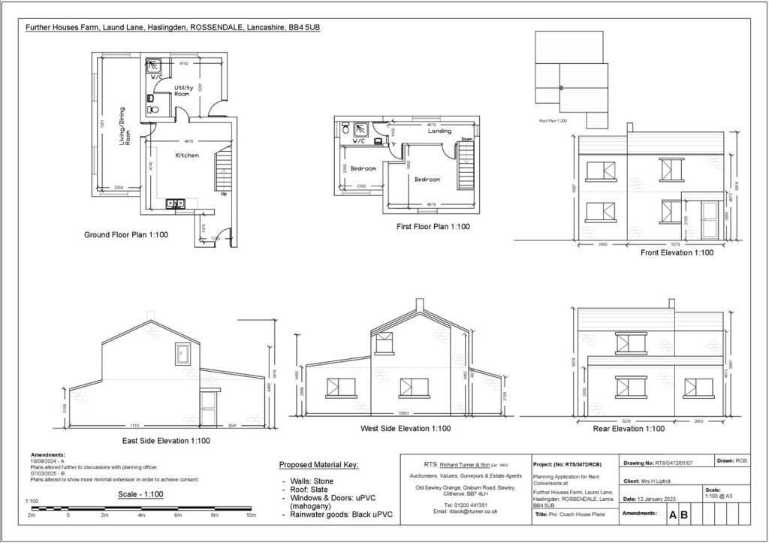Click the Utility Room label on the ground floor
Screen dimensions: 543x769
pyautogui.click(x=184, y=90)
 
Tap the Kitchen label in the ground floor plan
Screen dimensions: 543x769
pyautogui.click(x=187, y=155)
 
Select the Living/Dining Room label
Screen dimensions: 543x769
pyautogui.click(x=123, y=125)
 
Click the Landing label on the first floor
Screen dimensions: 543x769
pyautogui.click(x=439, y=131)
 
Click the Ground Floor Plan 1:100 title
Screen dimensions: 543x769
pyautogui.click(x=126, y=235)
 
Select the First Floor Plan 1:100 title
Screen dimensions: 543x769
pyautogui.click(x=433, y=226)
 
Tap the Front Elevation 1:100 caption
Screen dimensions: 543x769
pyautogui.click(x=677, y=253)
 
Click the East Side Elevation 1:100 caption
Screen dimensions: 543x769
pyautogui.click(x=166, y=441)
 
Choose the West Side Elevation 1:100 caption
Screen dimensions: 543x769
pyautogui.click(x=406, y=429)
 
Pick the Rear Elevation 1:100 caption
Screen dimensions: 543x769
pyautogui.click(x=629, y=429)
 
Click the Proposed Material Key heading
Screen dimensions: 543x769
pyautogui.click(x=318, y=465)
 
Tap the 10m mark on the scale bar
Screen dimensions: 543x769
pyautogui.click(x=252, y=515)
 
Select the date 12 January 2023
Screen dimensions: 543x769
pyautogui.click(x=659, y=499)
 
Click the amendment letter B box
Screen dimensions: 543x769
pyautogui.click(x=684, y=515)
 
